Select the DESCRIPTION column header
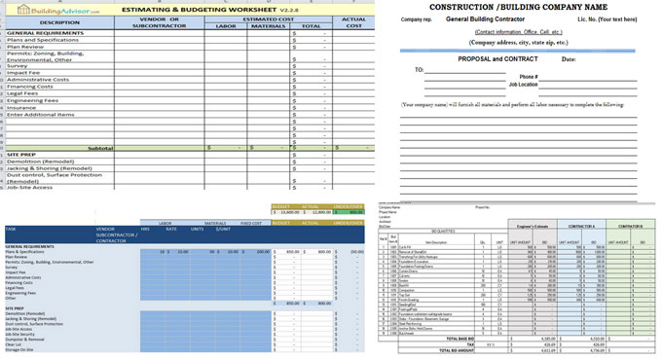(59, 22)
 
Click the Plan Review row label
(26, 46)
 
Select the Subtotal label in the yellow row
(100, 148)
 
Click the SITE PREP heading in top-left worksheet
(21, 155)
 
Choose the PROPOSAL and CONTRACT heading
(497, 58)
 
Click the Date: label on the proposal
(569, 59)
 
